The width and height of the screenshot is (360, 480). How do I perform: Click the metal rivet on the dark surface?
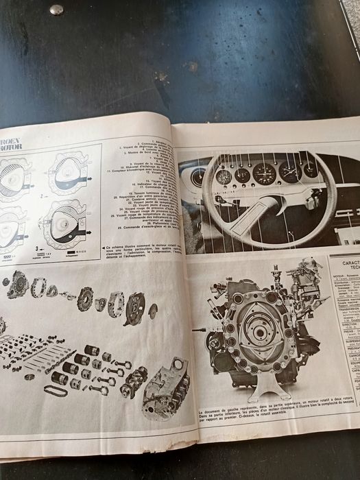click(x=56, y=10)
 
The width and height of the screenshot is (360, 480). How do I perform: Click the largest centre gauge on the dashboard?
click(x=263, y=173)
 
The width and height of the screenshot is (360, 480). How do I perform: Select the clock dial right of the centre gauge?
click(x=289, y=171)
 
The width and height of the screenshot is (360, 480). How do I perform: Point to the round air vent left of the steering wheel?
click(x=198, y=178)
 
